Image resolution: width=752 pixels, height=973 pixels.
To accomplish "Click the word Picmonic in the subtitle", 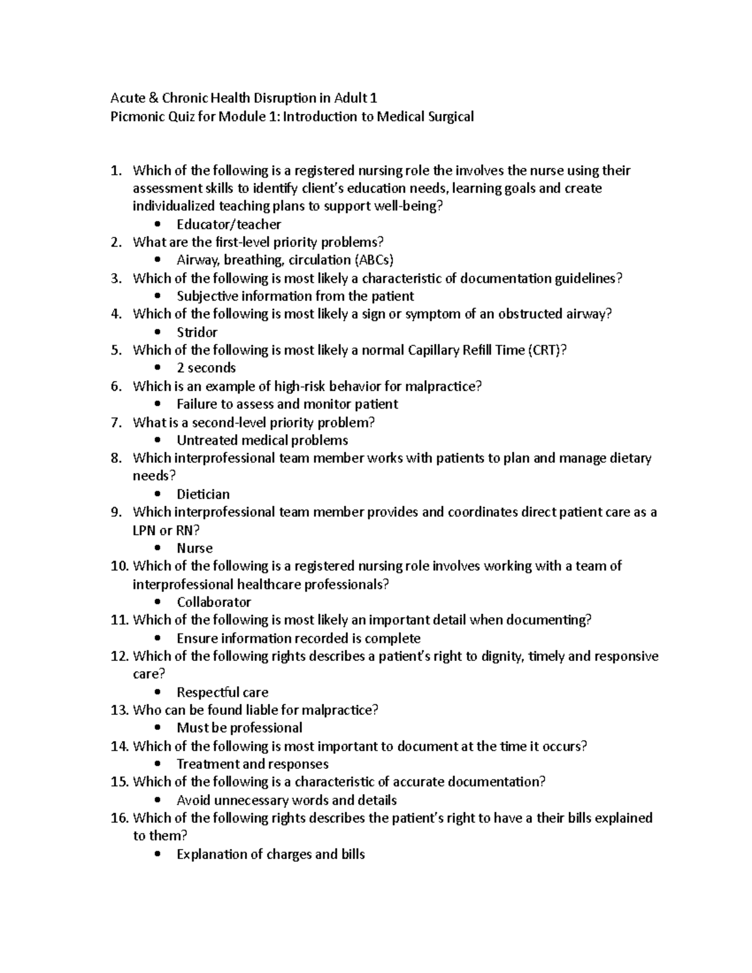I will click(x=136, y=117).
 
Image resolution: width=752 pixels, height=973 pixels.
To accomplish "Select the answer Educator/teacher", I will click(x=229, y=224).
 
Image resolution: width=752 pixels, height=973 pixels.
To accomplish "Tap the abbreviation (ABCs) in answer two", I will click(x=374, y=260).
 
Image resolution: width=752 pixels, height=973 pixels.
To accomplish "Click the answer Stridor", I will click(x=197, y=332).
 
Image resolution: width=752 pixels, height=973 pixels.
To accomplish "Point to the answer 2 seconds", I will click(x=206, y=368).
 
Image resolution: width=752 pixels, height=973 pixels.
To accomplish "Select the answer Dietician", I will click(x=203, y=494).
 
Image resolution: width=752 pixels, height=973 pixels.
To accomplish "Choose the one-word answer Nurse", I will click(x=194, y=548).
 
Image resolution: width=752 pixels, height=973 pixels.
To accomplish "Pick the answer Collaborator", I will click(x=214, y=602).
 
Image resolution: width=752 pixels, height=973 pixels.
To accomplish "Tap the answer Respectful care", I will click(x=222, y=692).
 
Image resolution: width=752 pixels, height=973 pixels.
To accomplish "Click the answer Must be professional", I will click(x=239, y=728).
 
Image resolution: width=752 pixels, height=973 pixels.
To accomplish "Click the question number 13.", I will click(x=119, y=710).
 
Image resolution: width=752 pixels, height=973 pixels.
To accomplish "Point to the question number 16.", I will click(x=119, y=818).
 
